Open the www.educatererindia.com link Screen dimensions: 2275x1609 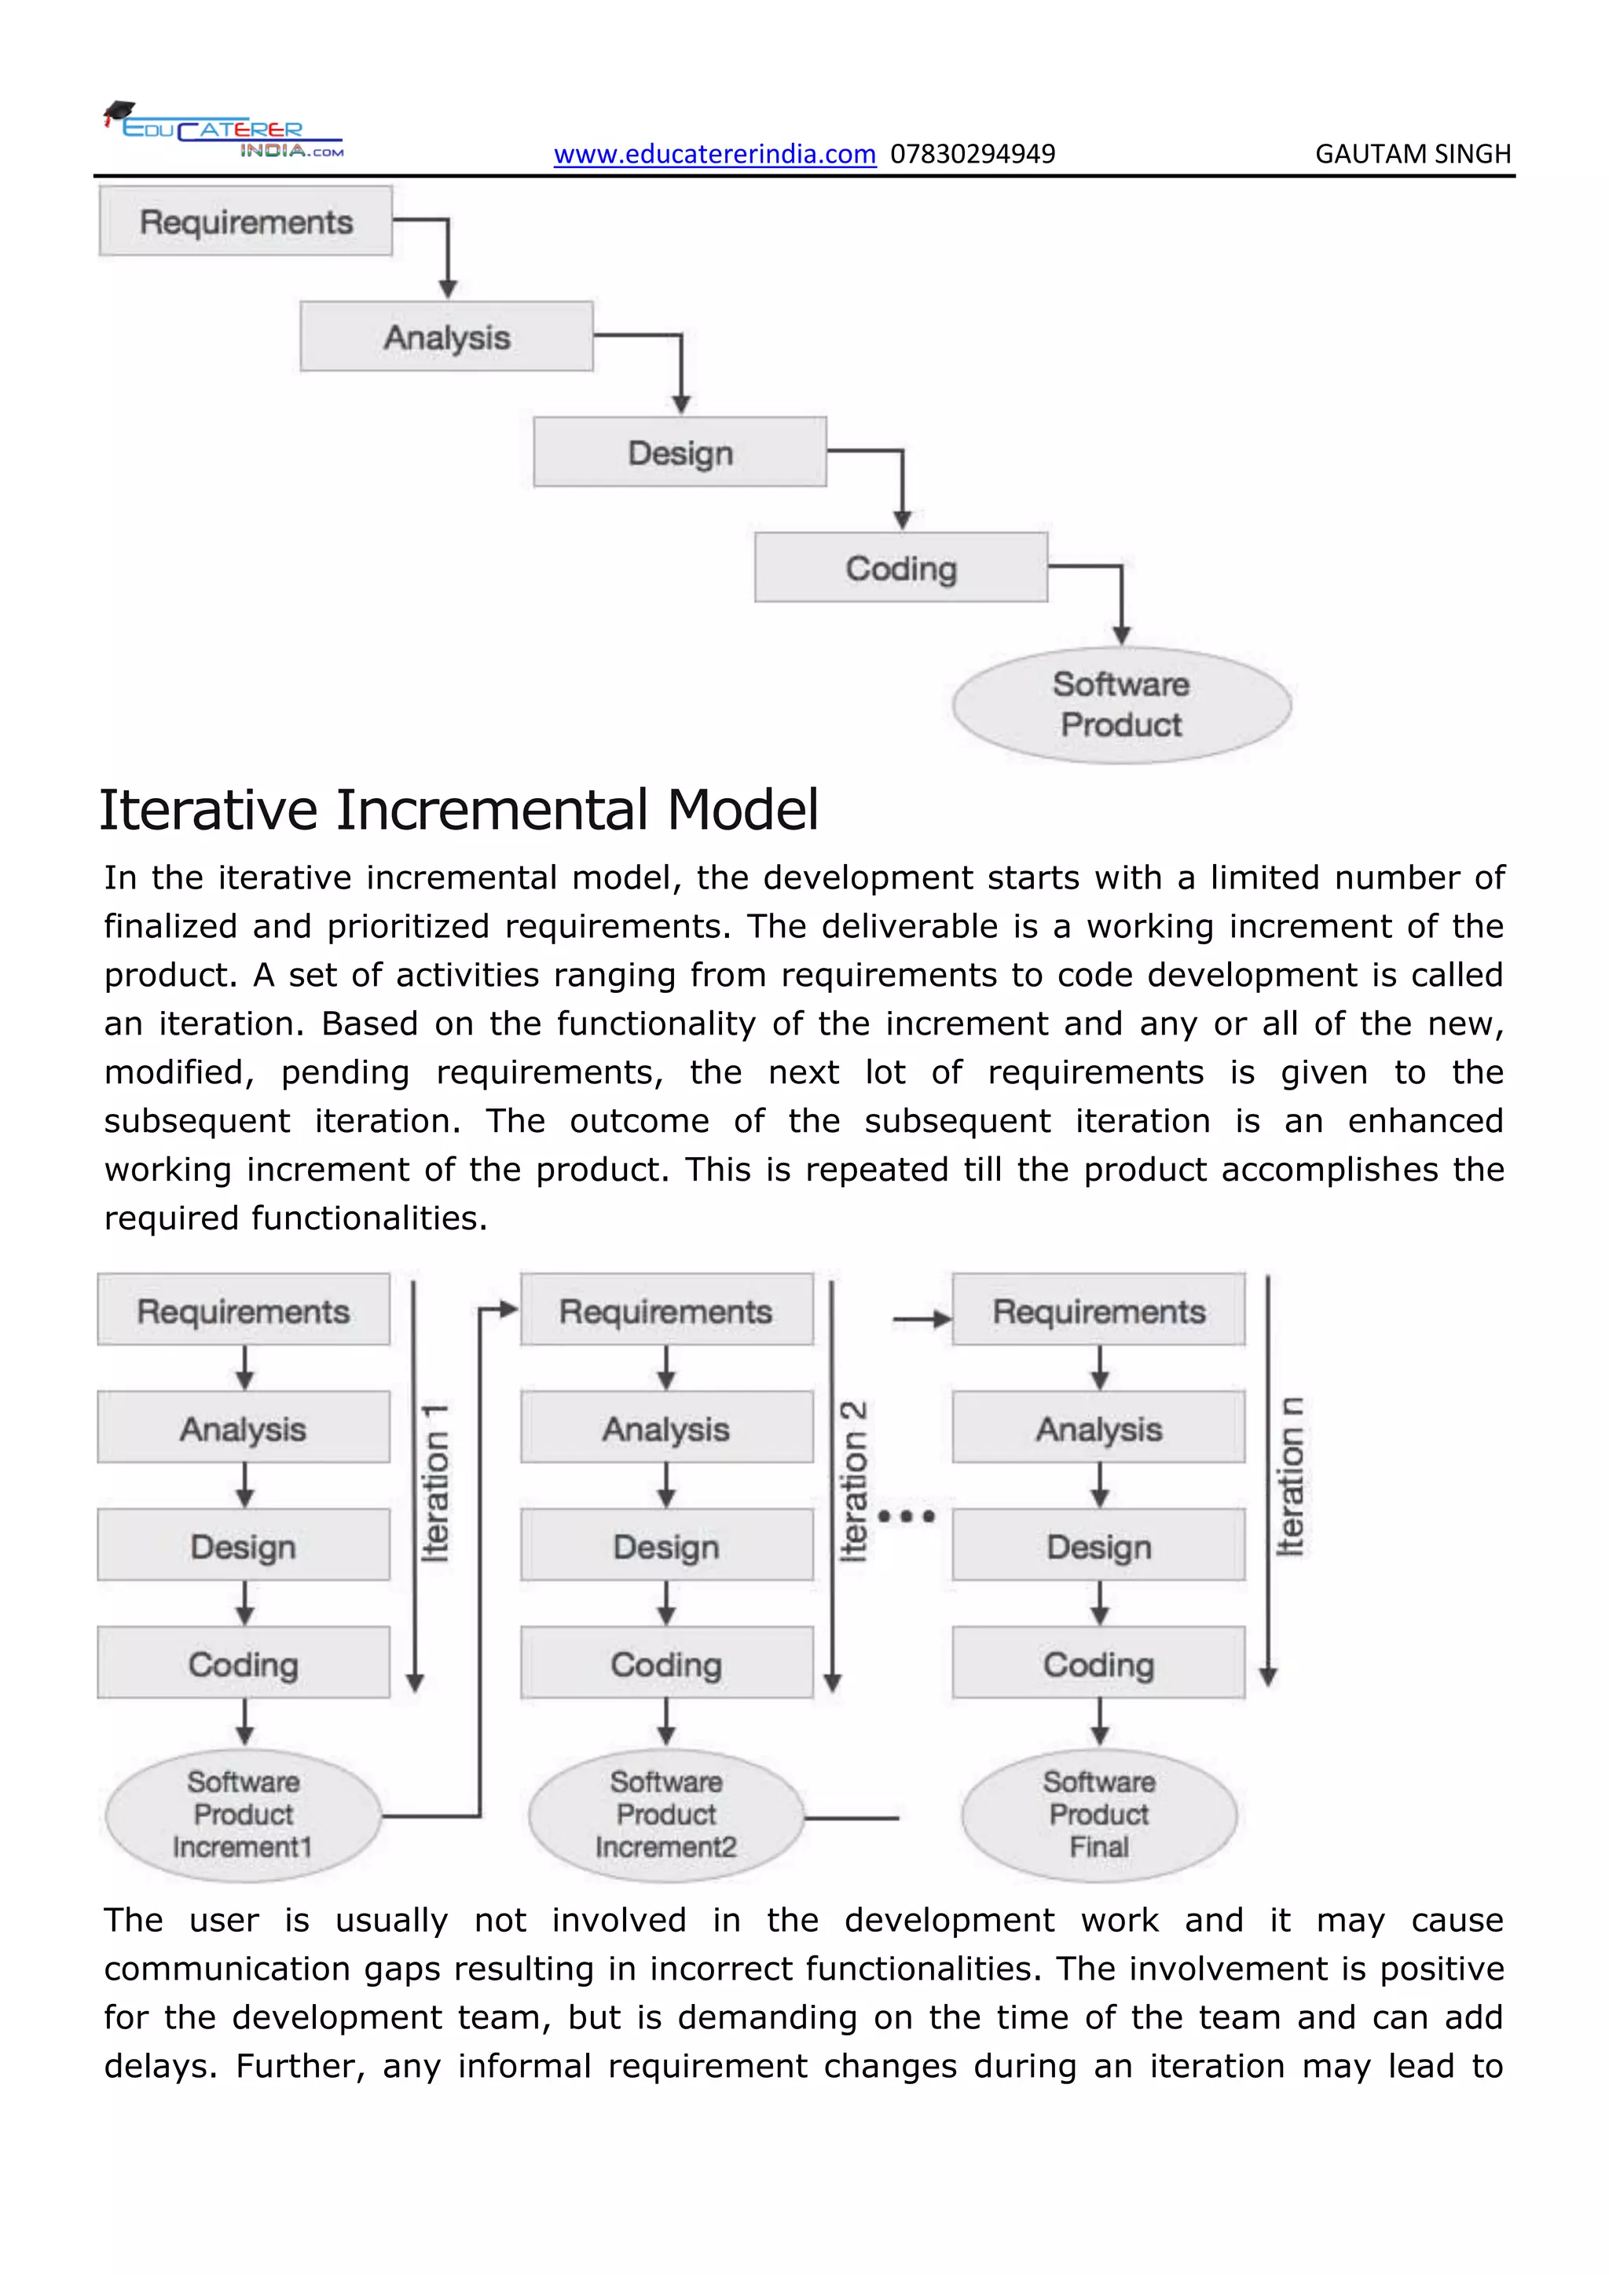point(714,155)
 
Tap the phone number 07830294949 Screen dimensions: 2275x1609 point(972,155)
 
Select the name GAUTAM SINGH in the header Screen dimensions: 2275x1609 point(1412,155)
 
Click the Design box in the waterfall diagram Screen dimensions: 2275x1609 point(680,452)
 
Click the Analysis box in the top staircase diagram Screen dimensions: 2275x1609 point(447,337)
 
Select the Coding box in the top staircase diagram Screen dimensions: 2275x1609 point(900,568)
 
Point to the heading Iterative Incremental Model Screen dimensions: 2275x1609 point(459,810)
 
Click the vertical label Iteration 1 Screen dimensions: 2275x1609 point(435,1482)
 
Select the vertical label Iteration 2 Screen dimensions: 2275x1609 point(853,1482)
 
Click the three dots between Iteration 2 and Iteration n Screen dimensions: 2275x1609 point(906,1516)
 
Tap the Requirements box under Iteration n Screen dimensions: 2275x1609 point(1099,1311)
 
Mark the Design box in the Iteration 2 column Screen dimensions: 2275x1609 point(665,1546)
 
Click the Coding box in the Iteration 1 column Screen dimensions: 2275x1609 point(243,1664)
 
